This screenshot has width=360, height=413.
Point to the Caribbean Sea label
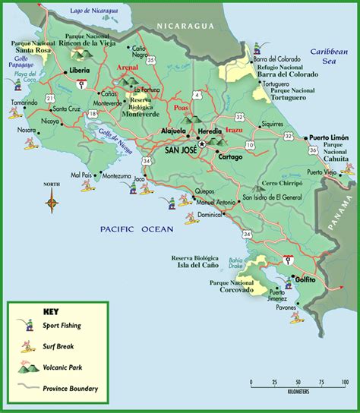(x=327, y=57)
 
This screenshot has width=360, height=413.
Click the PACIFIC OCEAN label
(x=137, y=228)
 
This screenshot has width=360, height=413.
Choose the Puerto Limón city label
(x=328, y=137)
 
